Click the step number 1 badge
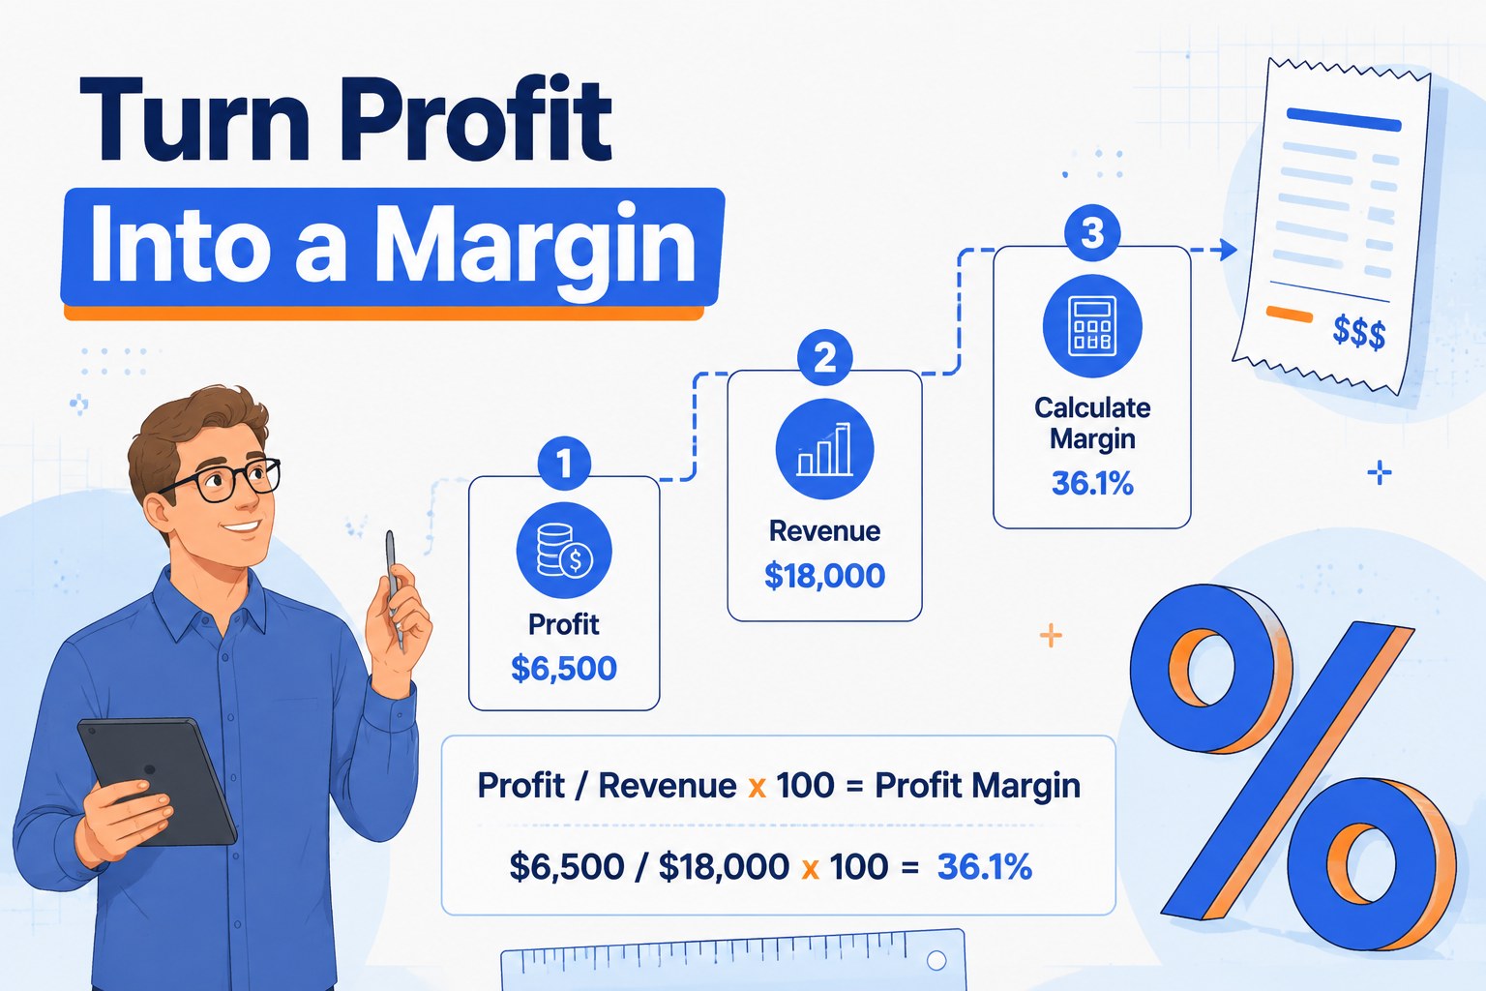(x=564, y=464)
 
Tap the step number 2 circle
(x=824, y=358)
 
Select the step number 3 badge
(x=1092, y=233)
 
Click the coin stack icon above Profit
(x=564, y=551)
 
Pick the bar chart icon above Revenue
(x=824, y=449)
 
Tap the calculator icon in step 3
(x=1092, y=326)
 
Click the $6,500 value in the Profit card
(x=564, y=669)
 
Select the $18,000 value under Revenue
(x=824, y=576)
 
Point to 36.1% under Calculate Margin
(x=1092, y=483)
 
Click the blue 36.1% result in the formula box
(x=985, y=866)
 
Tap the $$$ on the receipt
(x=1358, y=333)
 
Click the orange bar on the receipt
(x=1289, y=314)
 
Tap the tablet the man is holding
(x=158, y=781)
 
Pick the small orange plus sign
(x=1051, y=635)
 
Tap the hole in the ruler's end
(x=936, y=960)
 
